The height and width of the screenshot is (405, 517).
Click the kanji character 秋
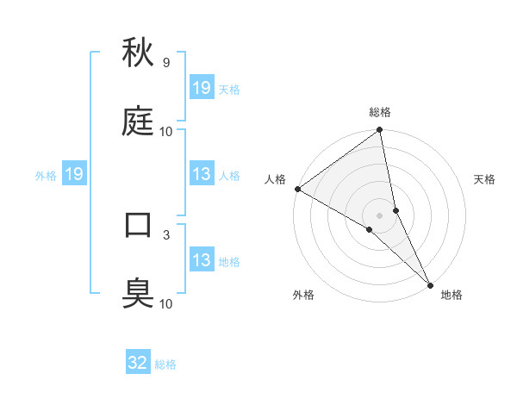coord(139,53)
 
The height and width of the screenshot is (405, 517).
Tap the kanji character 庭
coord(139,122)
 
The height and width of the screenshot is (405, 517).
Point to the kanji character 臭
coord(139,294)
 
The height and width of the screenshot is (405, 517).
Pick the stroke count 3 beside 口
coord(165,234)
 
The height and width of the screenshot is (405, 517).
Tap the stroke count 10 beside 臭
coord(166,303)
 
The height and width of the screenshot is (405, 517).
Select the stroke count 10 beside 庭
coord(166,132)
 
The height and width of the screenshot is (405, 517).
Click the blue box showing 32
coord(138,363)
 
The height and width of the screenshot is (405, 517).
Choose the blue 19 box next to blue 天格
coord(202,88)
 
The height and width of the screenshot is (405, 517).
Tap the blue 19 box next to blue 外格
coord(74,175)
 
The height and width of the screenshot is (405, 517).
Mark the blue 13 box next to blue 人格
coord(202,175)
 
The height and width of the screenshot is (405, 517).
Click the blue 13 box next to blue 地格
coord(202,260)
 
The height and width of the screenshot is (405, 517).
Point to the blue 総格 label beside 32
coord(165,364)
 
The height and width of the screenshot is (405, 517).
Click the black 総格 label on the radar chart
coord(380,112)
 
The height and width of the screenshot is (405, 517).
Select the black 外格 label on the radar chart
coord(303,295)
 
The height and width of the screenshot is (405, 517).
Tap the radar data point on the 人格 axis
coord(297,189)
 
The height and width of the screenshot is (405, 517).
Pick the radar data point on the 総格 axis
coord(380,131)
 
